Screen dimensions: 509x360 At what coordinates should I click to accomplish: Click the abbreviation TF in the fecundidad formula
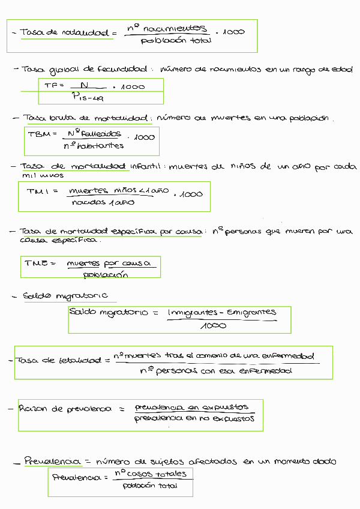click(x=50, y=86)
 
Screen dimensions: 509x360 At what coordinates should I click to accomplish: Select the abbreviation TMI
click(x=41, y=191)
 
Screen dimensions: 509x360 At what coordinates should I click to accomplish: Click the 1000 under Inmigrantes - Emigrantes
click(x=214, y=326)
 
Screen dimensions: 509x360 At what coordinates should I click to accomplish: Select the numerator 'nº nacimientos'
click(x=166, y=28)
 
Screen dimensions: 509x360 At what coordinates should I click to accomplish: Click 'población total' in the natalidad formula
click(x=167, y=41)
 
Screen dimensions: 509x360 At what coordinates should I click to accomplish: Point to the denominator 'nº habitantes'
click(x=93, y=145)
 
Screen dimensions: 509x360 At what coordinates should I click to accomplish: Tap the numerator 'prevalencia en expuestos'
click(x=191, y=406)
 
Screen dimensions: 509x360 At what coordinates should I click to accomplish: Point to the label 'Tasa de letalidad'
click(x=59, y=360)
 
